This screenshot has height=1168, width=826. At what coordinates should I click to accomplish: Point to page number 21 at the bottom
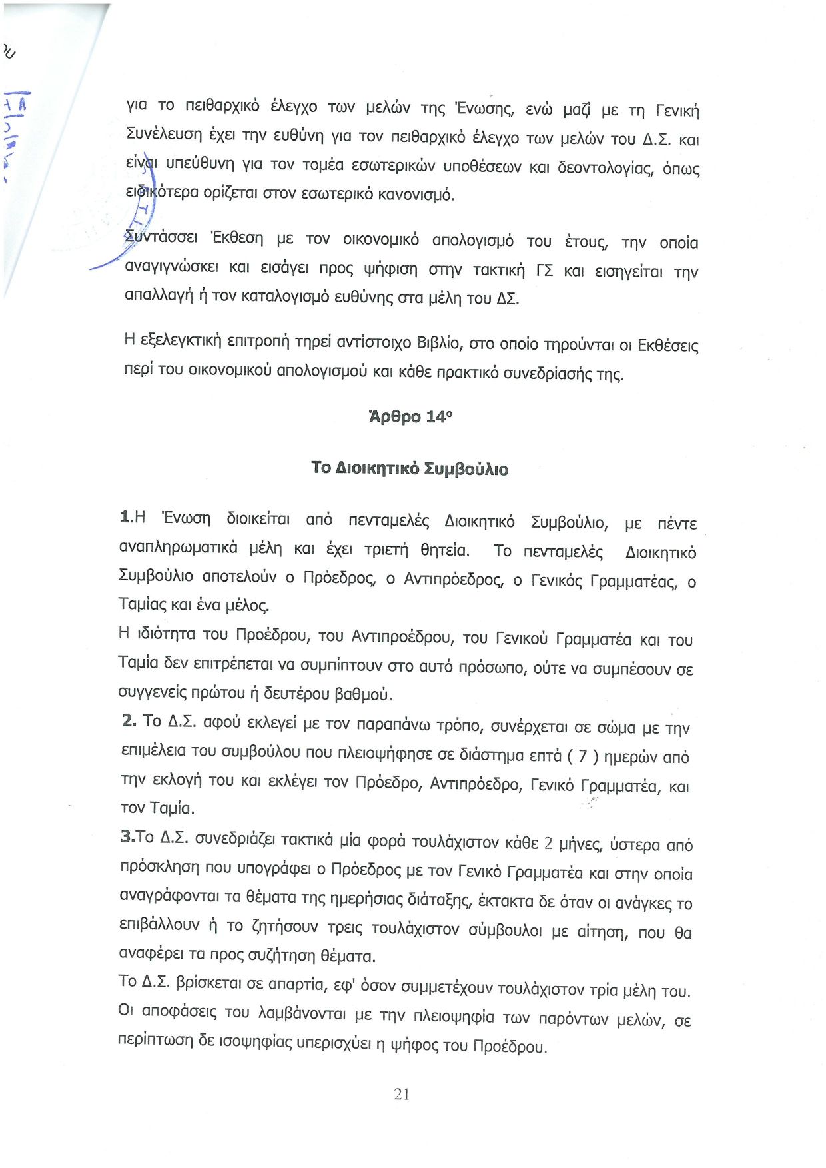tap(402, 1094)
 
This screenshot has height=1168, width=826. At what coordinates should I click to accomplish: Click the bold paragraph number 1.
tap(125, 516)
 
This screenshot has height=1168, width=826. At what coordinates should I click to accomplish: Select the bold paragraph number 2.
tap(128, 720)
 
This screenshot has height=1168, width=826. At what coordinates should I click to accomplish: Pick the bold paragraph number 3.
tap(127, 836)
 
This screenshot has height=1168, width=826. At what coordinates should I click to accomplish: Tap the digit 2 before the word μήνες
tap(548, 843)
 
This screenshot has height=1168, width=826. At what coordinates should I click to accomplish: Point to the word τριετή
tap(386, 550)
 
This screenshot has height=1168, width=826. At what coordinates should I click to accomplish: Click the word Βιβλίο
tap(438, 343)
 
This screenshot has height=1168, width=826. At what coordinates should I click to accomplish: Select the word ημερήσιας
tap(365, 899)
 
